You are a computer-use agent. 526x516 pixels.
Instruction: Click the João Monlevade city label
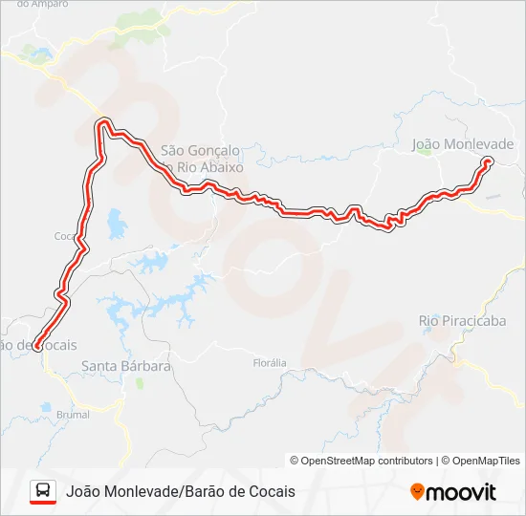click(x=462, y=144)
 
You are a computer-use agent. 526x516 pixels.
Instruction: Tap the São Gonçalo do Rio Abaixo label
click(x=202, y=159)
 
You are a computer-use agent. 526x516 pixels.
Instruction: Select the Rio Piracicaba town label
click(x=462, y=321)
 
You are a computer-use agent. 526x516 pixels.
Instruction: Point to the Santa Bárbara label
click(x=125, y=366)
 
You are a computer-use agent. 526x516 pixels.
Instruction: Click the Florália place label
click(x=269, y=363)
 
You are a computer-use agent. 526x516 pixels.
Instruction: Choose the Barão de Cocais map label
click(x=38, y=344)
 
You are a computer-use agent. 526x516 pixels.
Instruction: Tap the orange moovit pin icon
click(x=417, y=491)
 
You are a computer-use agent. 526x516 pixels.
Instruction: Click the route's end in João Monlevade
click(x=488, y=162)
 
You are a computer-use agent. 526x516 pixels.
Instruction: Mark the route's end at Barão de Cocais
click(x=36, y=349)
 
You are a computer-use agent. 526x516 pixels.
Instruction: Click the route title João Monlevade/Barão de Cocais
click(x=181, y=491)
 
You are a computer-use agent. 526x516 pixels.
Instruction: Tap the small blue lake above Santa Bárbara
click(x=117, y=226)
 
